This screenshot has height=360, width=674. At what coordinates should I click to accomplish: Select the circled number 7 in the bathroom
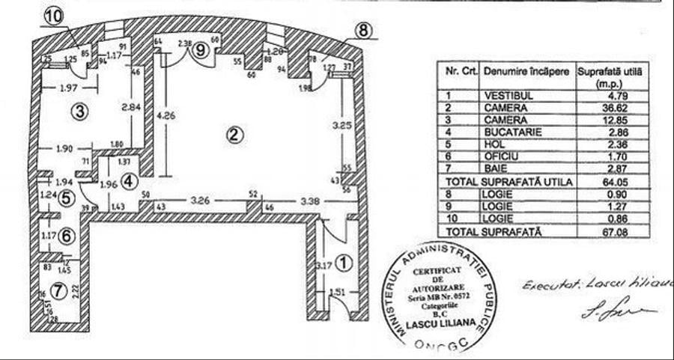(57, 289)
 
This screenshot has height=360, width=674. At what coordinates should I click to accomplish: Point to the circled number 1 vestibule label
(342, 263)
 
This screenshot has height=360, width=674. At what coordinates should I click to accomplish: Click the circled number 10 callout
(54, 15)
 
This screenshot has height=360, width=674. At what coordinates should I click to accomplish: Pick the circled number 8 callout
(362, 31)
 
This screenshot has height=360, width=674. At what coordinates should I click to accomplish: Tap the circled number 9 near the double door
(201, 50)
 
